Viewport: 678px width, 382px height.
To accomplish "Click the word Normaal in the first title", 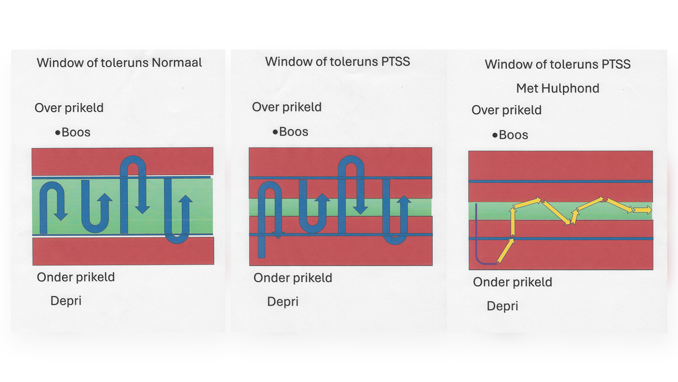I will click(176, 63).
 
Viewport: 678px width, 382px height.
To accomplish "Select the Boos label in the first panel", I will click(76, 132).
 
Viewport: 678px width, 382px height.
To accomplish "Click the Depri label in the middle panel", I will click(283, 302).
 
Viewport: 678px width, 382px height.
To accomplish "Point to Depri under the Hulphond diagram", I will click(502, 306).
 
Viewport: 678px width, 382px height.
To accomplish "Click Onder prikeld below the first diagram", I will click(76, 277).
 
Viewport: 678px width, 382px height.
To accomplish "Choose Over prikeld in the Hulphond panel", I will click(506, 110).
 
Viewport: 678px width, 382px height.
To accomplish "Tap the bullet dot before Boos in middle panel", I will click(275, 132).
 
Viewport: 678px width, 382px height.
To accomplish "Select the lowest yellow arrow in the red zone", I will click(505, 251).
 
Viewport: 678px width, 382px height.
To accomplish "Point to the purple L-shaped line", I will click(477, 252).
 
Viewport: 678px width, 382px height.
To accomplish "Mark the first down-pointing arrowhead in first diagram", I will click(61, 216).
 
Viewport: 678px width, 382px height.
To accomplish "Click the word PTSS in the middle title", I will click(395, 62).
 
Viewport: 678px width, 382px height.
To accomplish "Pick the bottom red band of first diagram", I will click(123, 252).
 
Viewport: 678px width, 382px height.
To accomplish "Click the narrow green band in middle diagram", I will click(340, 207).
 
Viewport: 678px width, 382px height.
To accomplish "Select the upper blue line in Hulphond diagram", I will click(560, 181).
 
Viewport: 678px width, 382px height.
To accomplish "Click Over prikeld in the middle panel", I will click(287, 107).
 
